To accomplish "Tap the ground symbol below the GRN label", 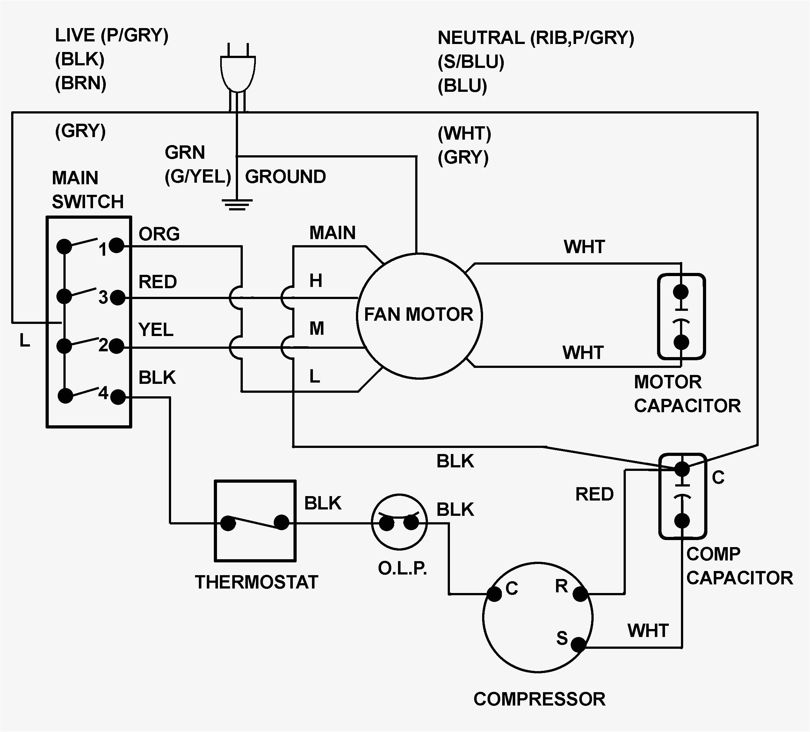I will [x=237, y=205].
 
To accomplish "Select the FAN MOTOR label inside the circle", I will [x=419, y=315].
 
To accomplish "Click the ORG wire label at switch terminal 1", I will [x=159, y=234].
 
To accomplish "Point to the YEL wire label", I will [x=156, y=330].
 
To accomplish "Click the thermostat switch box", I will [x=256, y=521].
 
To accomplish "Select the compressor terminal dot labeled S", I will [x=578, y=645].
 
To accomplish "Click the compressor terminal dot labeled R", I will [x=580, y=594].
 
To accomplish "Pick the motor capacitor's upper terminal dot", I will [x=681, y=292].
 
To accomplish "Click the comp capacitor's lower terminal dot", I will [x=682, y=521].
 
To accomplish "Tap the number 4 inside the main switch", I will [x=104, y=393].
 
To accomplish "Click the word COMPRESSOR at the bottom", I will [x=539, y=699].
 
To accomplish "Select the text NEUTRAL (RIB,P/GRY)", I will [x=536, y=38].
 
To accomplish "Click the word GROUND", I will [x=285, y=177].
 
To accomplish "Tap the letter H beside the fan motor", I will [x=316, y=280].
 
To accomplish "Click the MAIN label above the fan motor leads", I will [x=332, y=233].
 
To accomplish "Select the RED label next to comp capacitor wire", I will [x=594, y=494].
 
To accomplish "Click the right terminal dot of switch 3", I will [x=117, y=298].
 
